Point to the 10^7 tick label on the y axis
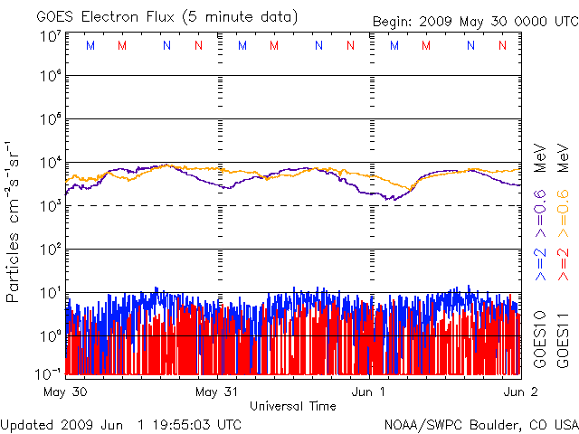point(50,35)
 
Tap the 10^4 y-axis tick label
point(50,163)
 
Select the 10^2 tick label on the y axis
point(50,249)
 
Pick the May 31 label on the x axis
point(218,393)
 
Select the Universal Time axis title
point(292,406)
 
